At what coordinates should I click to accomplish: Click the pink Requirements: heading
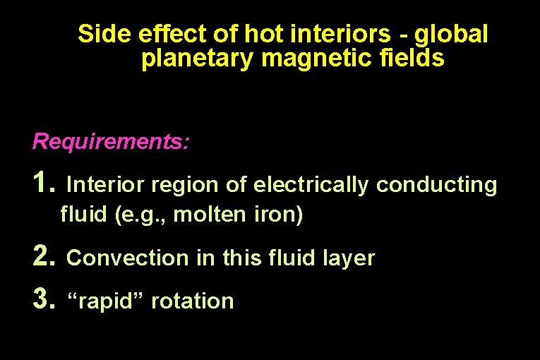pyautogui.click(x=111, y=142)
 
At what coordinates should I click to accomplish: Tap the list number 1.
pyautogui.click(x=44, y=184)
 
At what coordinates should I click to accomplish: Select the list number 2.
pyautogui.click(x=44, y=257)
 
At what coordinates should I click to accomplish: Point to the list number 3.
pyautogui.click(x=44, y=300)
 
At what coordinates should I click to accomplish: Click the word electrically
pyautogui.click(x=311, y=185)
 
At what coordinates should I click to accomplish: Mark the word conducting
pyautogui.click(x=436, y=185)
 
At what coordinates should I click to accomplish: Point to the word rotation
pyautogui.click(x=192, y=301)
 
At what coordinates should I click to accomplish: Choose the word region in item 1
pyautogui.click(x=184, y=186)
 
